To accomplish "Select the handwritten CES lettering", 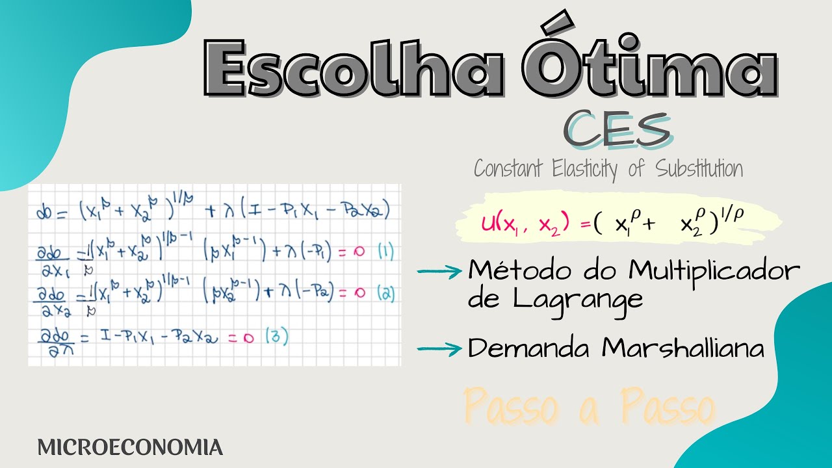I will point(617,129).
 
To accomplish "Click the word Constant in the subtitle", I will point(509,169).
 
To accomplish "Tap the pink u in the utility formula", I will point(487,224).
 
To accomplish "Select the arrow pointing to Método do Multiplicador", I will point(439,272).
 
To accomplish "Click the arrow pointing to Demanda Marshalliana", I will point(439,350).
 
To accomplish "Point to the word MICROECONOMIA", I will point(130,447).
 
